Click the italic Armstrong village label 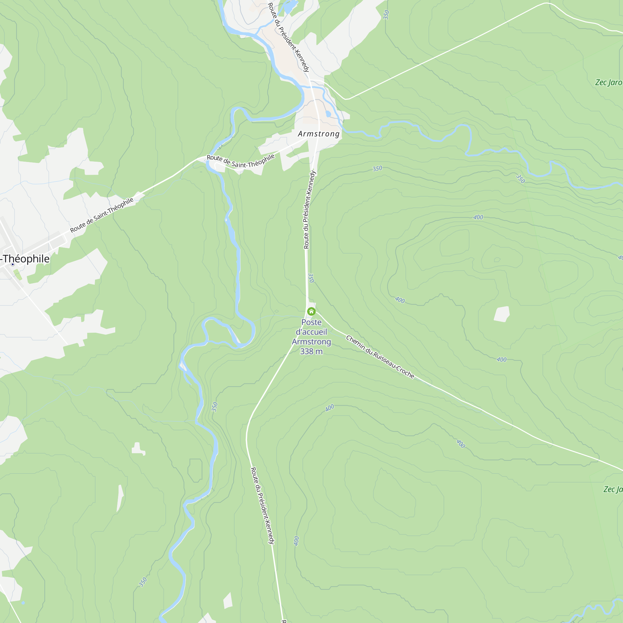click(x=319, y=134)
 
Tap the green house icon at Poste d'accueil click(x=311, y=311)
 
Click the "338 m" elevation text click(x=311, y=351)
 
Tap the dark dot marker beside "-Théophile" click(x=13, y=264)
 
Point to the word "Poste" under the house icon click(x=311, y=322)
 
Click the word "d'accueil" click(x=311, y=332)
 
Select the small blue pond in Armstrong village click(x=328, y=114)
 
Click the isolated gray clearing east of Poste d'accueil click(x=502, y=314)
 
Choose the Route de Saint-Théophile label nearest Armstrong click(x=240, y=161)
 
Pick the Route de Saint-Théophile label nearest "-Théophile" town click(x=102, y=215)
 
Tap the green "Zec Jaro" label click(x=608, y=83)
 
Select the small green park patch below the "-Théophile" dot click(x=18, y=275)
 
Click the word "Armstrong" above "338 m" click(x=311, y=342)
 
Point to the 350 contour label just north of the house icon click(x=311, y=278)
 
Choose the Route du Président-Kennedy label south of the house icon click(x=263, y=506)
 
